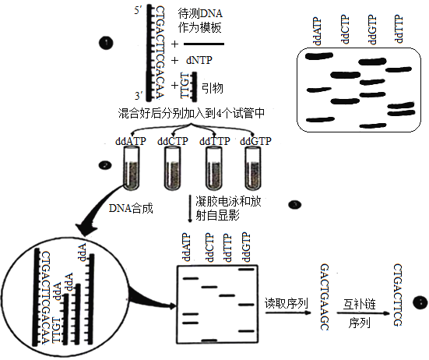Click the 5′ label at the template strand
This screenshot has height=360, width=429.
tap(138, 11)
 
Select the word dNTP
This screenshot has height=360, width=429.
tap(199, 60)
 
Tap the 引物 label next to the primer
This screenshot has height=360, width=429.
tap(213, 88)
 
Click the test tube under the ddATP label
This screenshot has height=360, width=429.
tap(132, 168)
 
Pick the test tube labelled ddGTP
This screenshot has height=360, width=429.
tap(253, 168)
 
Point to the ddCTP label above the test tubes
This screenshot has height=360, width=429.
tap(173, 141)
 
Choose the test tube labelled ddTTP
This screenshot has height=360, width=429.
tap(214, 168)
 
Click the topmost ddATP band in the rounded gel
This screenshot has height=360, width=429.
tap(319, 56)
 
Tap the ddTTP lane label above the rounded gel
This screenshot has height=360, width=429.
tap(399, 30)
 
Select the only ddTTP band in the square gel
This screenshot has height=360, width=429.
tap(227, 295)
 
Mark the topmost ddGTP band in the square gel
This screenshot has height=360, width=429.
tap(247, 270)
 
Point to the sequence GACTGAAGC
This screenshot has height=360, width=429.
tap(325, 297)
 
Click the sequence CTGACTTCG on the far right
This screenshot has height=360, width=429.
tap(398, 295)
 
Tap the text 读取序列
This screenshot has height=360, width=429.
tap(287, 303)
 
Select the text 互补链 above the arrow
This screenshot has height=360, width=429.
tap(359, 304)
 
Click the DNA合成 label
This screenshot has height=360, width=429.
tap(131, 208)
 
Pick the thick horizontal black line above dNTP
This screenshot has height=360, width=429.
tap(204, 44)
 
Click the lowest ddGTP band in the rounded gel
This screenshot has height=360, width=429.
tap(373, 126)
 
